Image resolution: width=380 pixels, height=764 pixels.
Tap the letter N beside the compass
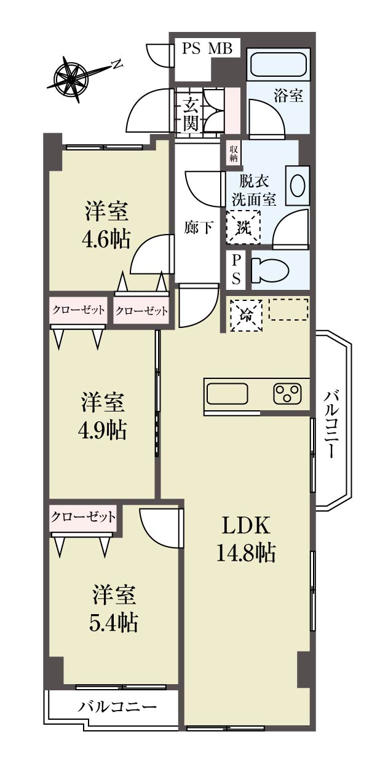tap(117, 64)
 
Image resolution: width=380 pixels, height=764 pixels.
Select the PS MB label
tap(207, 48)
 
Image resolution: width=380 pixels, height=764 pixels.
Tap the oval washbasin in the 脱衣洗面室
tap(298, 185)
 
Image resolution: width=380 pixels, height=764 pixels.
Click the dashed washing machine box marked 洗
tap(243, 227)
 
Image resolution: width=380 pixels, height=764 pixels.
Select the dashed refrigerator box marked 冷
tap(246, 315)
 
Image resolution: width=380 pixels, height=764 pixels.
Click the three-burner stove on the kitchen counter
tap(288, 394)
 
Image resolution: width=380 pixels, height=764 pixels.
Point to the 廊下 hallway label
tap(199, 227)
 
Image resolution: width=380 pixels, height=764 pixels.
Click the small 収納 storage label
tap(234, 154)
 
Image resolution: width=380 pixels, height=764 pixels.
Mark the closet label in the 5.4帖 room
tap(83, 517)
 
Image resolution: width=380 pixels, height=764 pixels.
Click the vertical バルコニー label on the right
tap(330, 424)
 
